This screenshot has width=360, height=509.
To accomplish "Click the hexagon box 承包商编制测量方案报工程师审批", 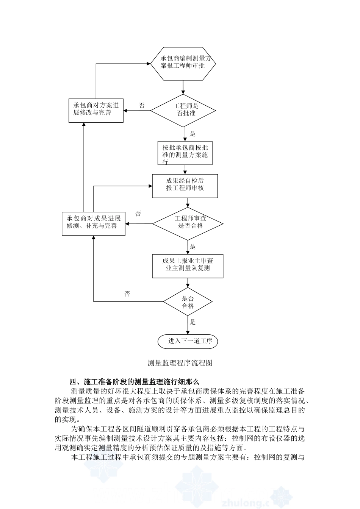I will [x=183, y=64].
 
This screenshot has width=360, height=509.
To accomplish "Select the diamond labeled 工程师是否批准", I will [x=183, y=110].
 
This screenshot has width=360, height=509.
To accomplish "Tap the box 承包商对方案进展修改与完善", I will [x=96, y=110].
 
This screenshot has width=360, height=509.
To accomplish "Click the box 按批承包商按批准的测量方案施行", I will [x=185, y=153].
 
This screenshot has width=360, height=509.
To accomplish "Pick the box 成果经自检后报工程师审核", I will [x=185, y=186].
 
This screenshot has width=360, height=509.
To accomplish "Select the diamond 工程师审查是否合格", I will [x=188, y=223].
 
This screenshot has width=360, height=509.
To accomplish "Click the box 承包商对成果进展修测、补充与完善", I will [x=94, y=223].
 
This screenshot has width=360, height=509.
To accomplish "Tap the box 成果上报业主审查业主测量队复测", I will [x=188, y=266].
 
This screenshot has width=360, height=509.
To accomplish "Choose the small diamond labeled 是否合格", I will [x=188, y=302].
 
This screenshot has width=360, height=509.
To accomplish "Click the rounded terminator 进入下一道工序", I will [x=188, y=341].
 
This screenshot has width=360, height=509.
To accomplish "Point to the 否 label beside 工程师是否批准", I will [x=142, y=106].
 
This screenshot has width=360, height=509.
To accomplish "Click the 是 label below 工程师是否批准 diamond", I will [x=193, y=134].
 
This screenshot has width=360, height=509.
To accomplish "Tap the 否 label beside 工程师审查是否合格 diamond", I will [x=139, y=214].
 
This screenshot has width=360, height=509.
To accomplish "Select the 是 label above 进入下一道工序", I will [x=193, y=322].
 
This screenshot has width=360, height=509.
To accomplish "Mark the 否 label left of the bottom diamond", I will [x=127, y=294].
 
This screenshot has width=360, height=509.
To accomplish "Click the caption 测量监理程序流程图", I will [x=180, y=363].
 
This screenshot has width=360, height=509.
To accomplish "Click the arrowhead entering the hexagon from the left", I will [x=148, y=64].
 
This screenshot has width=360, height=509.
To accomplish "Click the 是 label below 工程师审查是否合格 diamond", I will [x=193, y=247].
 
